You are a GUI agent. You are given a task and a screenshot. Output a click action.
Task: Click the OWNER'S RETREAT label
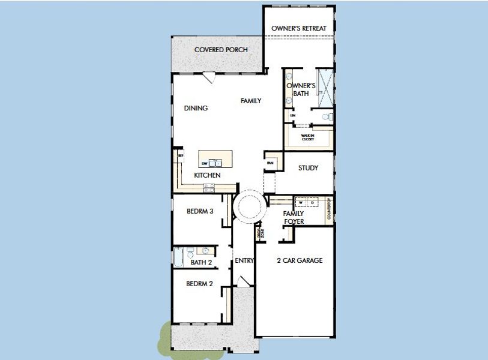click(299, 28)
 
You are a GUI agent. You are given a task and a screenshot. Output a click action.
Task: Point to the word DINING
click(196, 109)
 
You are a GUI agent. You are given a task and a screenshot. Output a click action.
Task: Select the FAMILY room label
click(251, 101)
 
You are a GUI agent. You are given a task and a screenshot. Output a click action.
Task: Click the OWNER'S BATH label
click(301, 90)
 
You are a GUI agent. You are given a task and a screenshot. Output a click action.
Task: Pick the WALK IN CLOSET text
click(308, 137)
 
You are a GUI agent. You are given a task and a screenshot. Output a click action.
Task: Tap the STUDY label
click(308, 168)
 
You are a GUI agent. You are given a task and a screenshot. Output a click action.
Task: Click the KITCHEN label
click(207, 175)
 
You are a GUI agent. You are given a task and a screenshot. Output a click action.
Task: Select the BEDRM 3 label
click(200, 211)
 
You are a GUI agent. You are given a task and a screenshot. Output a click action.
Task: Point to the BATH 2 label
click(201, 262)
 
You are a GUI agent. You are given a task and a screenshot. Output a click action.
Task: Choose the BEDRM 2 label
click(199, 284)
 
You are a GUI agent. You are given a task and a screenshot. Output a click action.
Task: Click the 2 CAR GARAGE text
click(300, 260)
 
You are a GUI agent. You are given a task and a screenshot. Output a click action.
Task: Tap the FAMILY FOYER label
click(294, 217)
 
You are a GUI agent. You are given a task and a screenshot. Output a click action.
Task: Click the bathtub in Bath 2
click(178, 257)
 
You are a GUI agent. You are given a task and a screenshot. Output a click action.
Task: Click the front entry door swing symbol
click(243, 281)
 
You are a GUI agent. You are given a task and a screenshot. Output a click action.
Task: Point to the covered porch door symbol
click(209, 77)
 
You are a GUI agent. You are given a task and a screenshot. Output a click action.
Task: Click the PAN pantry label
click(270, 163)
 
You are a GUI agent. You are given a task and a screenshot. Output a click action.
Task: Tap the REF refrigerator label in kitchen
click(179, 155)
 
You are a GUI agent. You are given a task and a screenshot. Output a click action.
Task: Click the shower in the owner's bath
click(325, 87)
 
